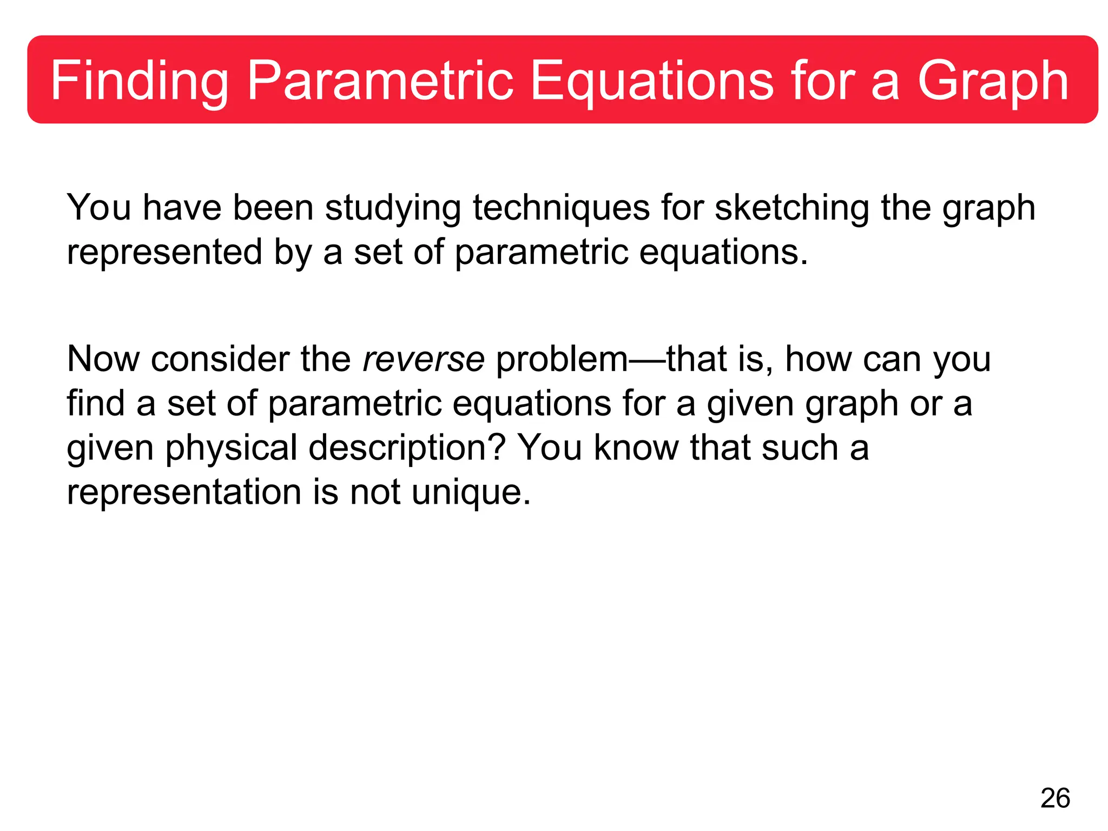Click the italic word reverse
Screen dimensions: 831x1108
click(424, 359)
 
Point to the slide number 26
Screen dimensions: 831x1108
click(1055, 799)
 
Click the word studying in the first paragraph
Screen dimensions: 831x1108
click(393, 208)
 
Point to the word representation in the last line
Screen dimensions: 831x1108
click(184, 492)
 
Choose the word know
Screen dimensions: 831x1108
click(636, 448)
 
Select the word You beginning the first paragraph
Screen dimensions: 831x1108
click(98, 208)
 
